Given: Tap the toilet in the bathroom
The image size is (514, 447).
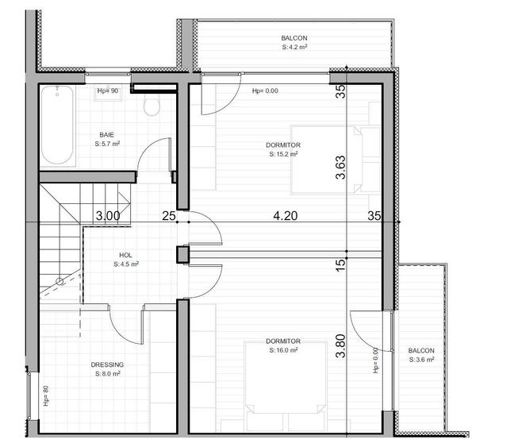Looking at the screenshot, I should click(153, 106).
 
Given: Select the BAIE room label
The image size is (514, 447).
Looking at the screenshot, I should click(106, 134).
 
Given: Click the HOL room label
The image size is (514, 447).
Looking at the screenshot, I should click(125, 256).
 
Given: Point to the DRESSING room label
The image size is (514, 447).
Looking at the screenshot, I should click(107, 365).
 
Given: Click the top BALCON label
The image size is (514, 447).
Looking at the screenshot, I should click(293, 38).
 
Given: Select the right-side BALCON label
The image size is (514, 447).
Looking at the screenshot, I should click(421, 351).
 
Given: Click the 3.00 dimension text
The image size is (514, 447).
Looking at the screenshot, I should click(108, 215).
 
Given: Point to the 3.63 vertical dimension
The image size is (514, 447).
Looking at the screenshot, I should click(340, 168).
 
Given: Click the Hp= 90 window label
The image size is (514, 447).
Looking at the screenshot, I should click(107, 91).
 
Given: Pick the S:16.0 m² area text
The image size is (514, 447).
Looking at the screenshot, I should click(283, 349).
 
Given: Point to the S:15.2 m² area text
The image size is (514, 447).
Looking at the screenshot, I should click(283, 155).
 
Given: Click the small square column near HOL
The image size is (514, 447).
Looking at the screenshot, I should click(182, 254).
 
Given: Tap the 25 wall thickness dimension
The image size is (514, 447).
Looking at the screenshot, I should click(168, 215).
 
